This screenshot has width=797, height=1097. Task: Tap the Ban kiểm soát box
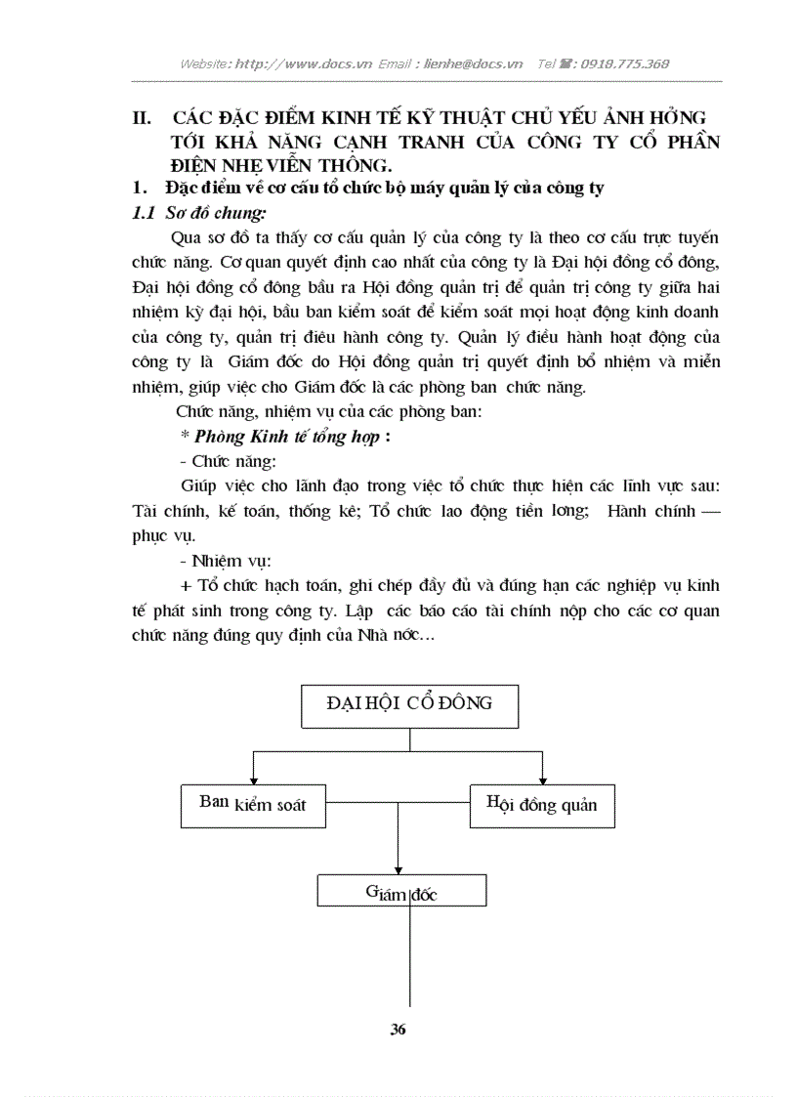tap(253, 805)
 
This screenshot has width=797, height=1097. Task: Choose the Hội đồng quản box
tap(542, 805)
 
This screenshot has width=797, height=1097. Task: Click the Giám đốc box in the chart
tap(401, 890)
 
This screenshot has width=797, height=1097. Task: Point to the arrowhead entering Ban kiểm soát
tap(253, 778)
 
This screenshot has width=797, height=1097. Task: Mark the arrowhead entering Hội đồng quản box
tap(542, 778)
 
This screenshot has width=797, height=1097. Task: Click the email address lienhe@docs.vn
tap(473, 63)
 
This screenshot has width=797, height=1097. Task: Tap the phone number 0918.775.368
tap(624, 63)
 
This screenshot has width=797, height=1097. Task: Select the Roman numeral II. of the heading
tap(141, 118)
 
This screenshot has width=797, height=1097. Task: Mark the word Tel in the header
tap(547, 63)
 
